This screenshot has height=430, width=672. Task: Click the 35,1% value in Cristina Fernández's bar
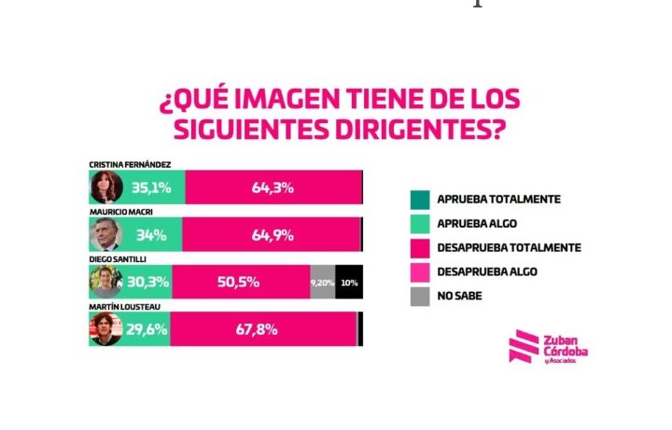pyautogui.click(x=151, y=187)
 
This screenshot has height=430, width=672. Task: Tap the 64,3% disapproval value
pyautogui.click(x=273, y=187)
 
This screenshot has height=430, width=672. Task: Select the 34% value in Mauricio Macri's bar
pyautogui.click(x=151, y=235)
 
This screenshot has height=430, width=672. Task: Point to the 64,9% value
pyautogui.click(x=273, y=235)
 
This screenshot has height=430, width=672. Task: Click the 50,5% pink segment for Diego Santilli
pyautogui.click(x=242, y=282)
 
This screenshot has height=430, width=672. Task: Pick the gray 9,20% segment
pyautogui.click(x=323, y=282)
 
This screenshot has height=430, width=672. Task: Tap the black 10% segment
pyautogui.click(x=349, y=282)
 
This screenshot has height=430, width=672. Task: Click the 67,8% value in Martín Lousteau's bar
pyautogui.click(x=257, y=329)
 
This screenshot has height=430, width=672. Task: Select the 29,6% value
pyautogui.click(x=147, y=329)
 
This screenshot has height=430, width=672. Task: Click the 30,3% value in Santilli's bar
pyautogui.click(x=147, y=282)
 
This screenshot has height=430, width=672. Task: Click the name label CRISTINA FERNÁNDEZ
pyautogui.click(x=130, y=165)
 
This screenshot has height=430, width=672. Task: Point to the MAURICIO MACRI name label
pyautogui.click(x=120, y=212)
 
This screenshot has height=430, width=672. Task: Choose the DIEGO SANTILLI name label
pyautogui.click(x=118, y=259)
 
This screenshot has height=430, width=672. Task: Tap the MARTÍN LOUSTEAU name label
pyautogui.click(x=125, y=307)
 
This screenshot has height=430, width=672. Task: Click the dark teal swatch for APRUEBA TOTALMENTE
pyautogui.click(x=420, y=200)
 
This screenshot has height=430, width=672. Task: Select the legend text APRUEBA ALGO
pyautogui.click(x=477, y=224)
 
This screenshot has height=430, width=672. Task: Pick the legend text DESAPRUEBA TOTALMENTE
pyautogui.click(x=510, y=247)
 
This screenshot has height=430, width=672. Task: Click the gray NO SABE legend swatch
pyautogui.click(x=420, y=297)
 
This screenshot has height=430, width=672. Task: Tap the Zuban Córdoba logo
pyautogui.click(x=548, y=347)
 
